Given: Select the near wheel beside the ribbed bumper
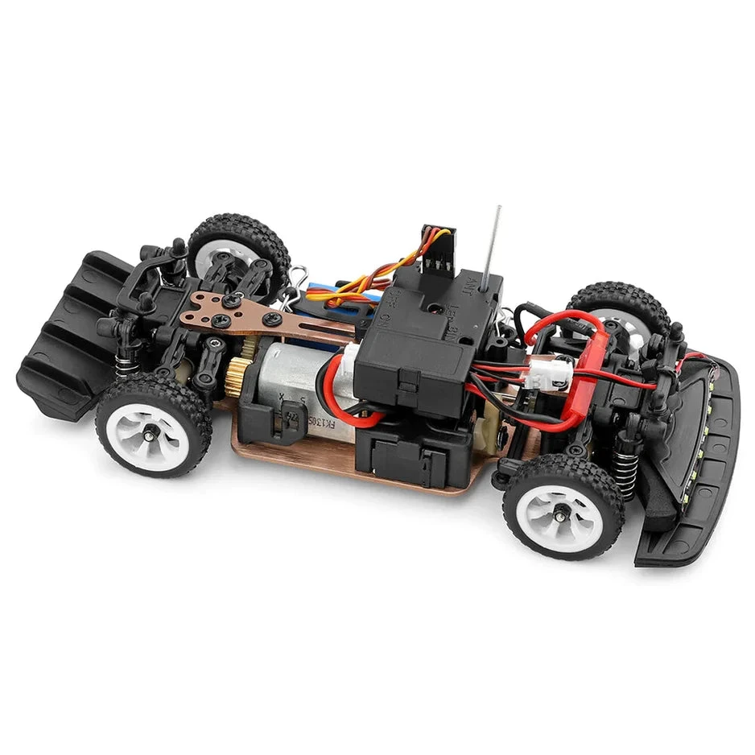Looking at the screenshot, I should pyautogui.click(x=153, y=424).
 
